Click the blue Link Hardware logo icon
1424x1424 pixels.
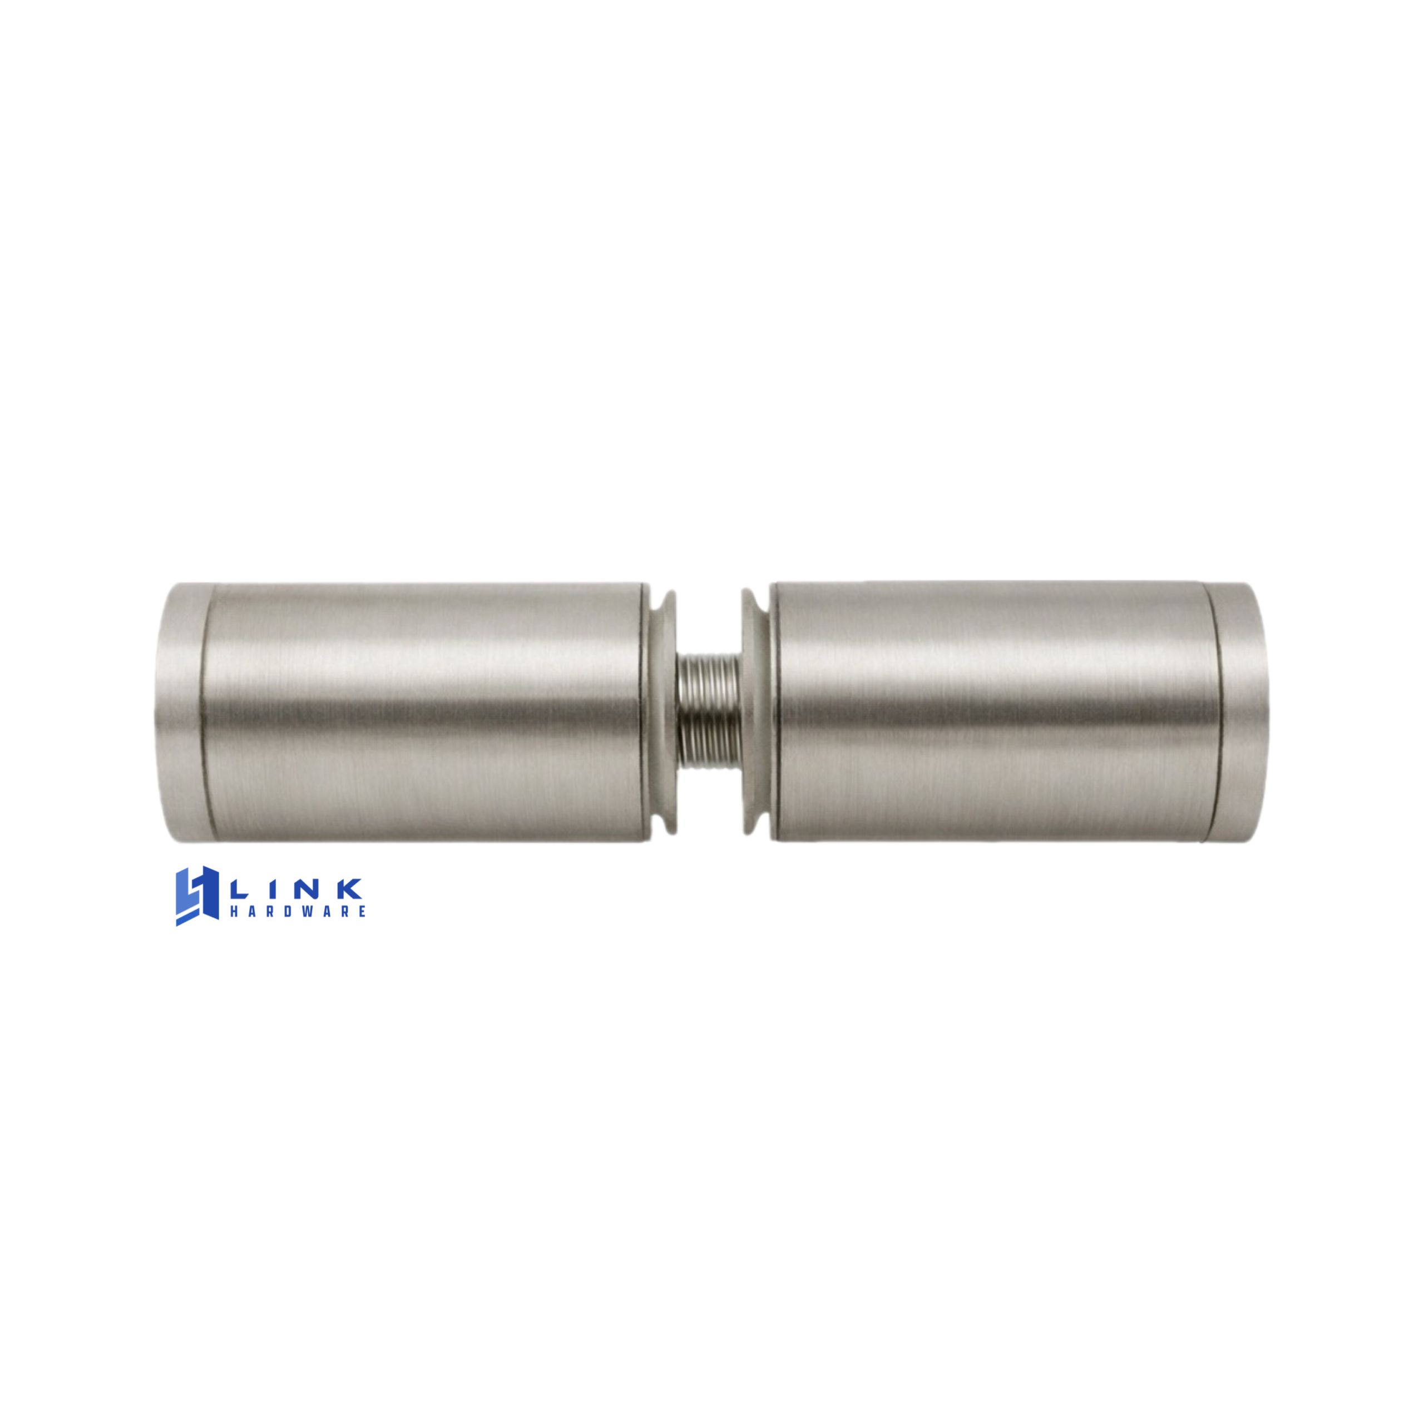click(x=197, y=896)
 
